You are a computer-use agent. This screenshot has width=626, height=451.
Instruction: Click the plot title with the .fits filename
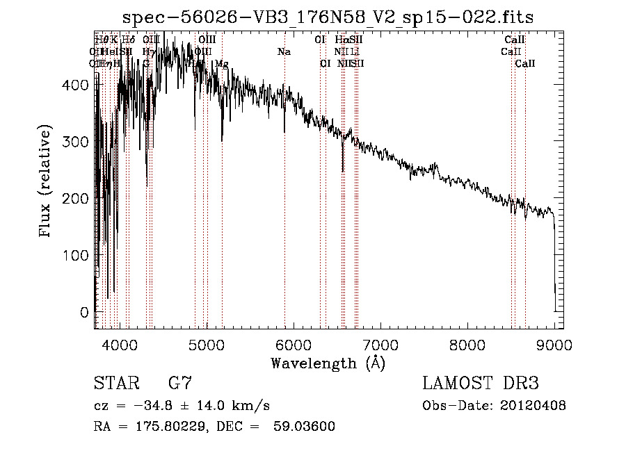click(328, 17)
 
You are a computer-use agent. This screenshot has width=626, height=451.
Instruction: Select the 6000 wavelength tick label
click(294, 345)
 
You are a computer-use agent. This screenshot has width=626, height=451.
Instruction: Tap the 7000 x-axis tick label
click(380, 345)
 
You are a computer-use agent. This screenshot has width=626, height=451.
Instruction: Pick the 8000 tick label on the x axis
click(467, 345)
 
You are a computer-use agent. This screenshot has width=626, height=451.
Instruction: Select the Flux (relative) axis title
click(47, 182)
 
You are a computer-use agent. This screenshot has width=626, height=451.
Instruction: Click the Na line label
click(284, 52)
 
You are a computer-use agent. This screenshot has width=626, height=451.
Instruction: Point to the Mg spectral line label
click(221, 64)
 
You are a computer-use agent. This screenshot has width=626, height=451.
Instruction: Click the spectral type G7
click(180, 384)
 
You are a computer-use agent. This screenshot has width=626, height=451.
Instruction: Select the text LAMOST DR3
click(481, 384)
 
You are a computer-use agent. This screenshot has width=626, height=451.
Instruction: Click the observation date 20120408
click(532, 406)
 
